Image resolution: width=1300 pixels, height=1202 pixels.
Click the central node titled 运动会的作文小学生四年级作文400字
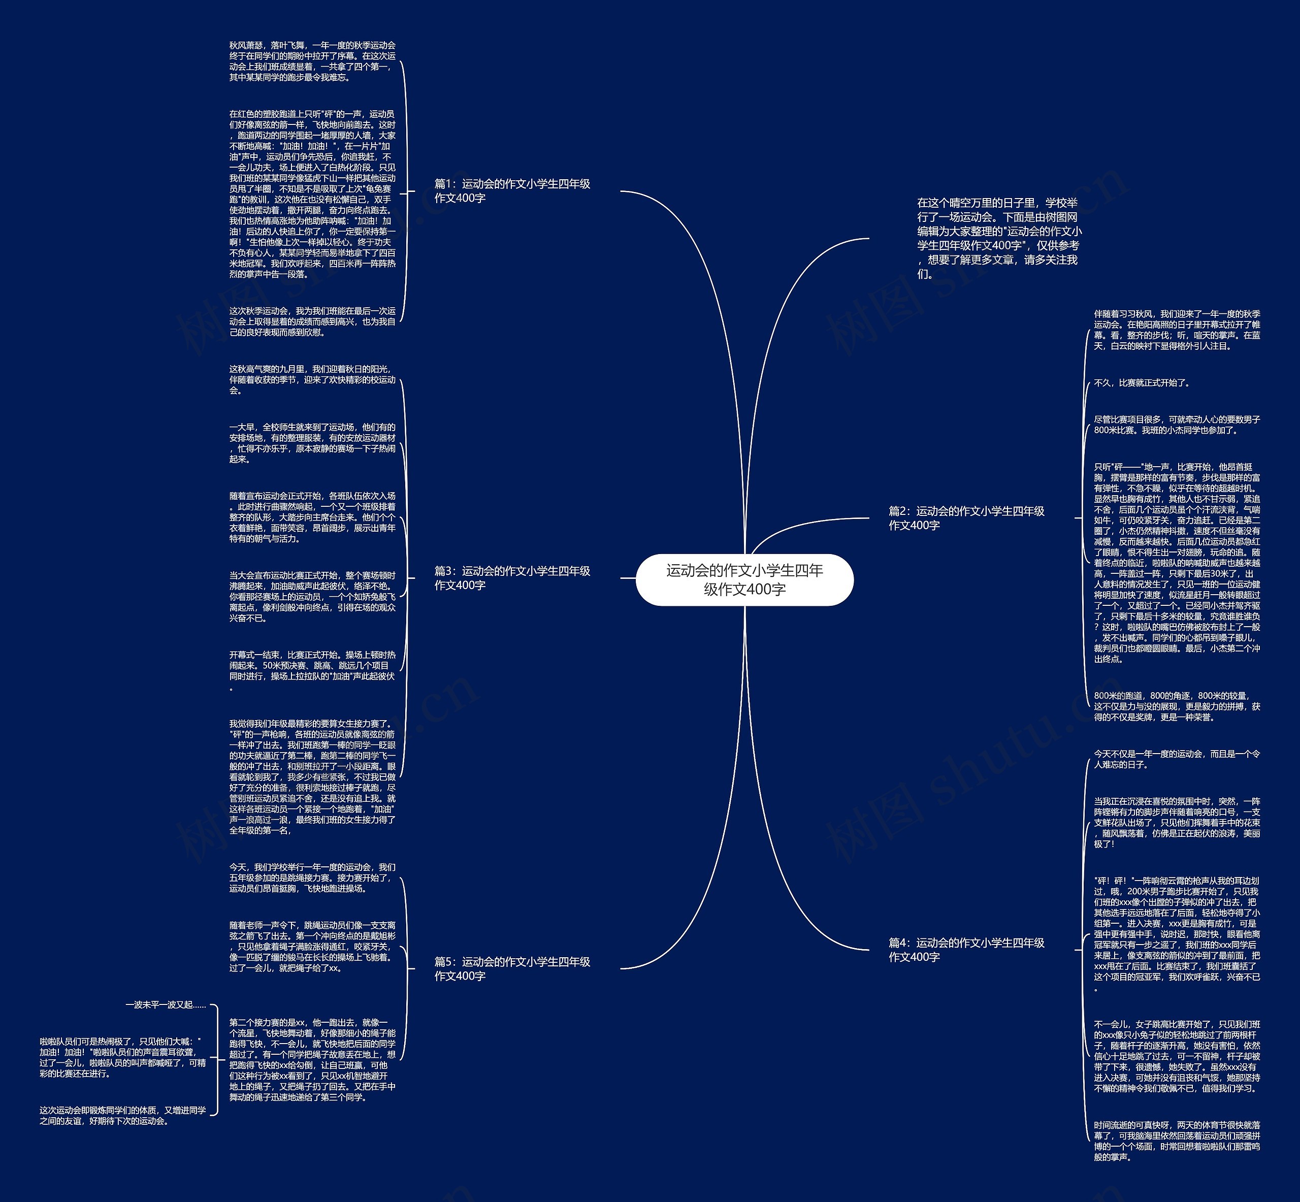point(744,579)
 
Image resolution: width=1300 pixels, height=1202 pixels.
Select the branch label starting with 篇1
point(512,190)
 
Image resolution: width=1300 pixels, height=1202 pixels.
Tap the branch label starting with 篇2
point(966,518)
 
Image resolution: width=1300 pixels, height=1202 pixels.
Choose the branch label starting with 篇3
point(512,577)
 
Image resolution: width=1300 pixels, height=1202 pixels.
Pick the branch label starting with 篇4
point(966,950)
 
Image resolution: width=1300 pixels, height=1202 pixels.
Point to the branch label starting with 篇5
point(512,968)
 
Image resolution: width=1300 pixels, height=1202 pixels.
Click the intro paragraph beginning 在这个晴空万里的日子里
point(999,238)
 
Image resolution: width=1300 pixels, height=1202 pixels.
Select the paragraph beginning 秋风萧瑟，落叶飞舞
point(312,61)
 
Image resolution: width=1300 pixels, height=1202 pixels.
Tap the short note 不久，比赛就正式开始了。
point(1142,383)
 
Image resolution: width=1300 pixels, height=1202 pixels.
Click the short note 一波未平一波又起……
point(166,1005)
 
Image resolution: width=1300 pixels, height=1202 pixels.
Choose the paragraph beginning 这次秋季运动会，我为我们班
point(312,321)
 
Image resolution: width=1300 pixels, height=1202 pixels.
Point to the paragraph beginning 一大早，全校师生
point(312,443)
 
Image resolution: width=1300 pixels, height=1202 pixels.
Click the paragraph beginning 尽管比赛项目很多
point(1177,425)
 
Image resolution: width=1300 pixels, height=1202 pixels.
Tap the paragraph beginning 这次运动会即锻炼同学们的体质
point(122,1116)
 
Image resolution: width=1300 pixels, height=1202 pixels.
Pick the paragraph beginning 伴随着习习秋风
point(1177,330)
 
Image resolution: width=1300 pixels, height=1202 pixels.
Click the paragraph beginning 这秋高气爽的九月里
point(312,379)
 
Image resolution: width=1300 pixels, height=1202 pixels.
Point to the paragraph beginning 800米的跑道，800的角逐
point(1177,706)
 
